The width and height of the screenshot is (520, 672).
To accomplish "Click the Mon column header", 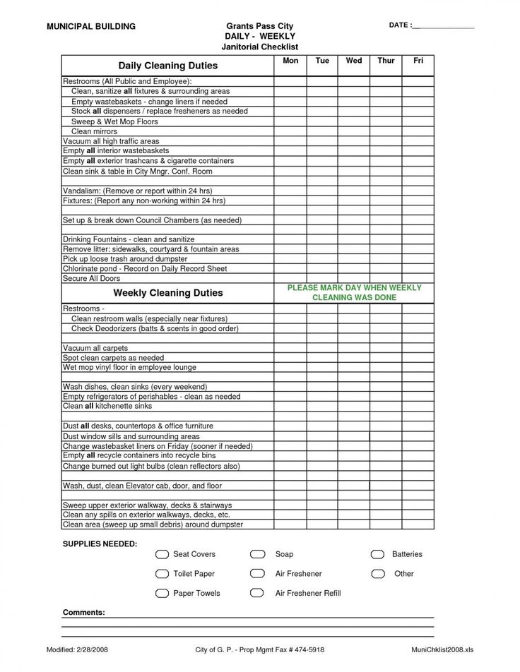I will pyautogui.click(x=290, y=61).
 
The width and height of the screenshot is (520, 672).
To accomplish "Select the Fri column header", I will pyautogui.click(x=418, y=61).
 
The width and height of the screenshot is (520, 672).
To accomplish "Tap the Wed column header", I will pyautogui.click(x=354, y=61).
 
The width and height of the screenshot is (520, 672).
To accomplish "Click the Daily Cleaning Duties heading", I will pyautogui.click(x=167, y=66).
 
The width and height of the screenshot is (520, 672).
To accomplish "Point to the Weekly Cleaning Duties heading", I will pyautogui.click(x=167, y=292).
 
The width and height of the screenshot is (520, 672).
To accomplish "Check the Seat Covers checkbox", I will pyautogui.click(x=162, y=554).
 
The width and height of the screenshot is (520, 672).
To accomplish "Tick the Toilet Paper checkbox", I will pyautogui.click(x=162, y=574).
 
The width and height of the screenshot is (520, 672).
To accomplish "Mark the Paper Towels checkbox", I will pyautogui.click(x=162, y=594).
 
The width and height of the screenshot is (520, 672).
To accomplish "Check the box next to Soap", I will pyautogui.click(x=257, y=554).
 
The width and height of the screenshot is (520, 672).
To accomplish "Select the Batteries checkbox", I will pyautogui.click(x=378, y=554).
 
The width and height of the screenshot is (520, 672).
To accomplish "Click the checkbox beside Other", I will pyautogui.click(x=378, y=574).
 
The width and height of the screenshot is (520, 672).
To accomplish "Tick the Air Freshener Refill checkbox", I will pyautogui.click(x=257, y=594).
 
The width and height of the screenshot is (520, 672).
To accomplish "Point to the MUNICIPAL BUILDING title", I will pyautogui.click(x=90, y=26).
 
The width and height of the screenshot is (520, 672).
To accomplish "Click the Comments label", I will pyautogui.click(x=83, y=612).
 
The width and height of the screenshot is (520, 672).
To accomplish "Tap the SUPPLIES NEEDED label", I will pyautogui.click(x=100, y=544).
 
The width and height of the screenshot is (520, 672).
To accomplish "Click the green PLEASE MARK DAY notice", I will pyautogui.click(x=354, y=292).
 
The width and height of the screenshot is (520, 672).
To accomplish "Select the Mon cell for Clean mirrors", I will pyautogui.click(x=290, y=131).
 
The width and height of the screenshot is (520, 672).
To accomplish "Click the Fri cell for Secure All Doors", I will pyautogui.click(x=418, y=279).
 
